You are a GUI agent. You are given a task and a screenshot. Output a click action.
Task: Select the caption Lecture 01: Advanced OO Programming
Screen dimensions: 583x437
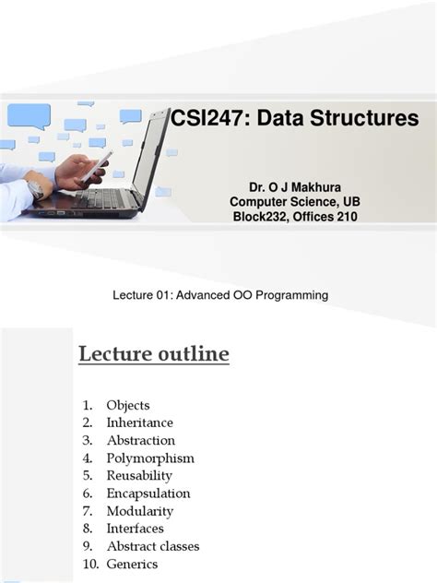click(219, 294)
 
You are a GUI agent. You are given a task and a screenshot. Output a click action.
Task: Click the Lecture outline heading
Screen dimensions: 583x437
click(153, 354)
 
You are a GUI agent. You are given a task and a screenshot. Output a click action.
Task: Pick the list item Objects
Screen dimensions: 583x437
click(127, 405)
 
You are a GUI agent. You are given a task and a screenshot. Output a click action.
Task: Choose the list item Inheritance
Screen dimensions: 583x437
click(138, 422)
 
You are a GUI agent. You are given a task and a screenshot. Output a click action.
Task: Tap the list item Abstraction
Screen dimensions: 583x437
click(140, 440)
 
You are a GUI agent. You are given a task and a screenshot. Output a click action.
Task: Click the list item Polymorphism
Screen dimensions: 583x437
click(150, 458)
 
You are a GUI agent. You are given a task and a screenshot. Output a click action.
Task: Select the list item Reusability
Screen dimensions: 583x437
click(139, 475)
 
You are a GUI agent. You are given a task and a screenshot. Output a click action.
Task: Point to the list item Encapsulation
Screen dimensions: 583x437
click(148, 493)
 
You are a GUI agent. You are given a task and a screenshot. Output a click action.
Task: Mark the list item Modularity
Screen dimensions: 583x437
click(139, 510)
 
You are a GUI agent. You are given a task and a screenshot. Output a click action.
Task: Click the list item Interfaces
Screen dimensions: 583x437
click(135, 528)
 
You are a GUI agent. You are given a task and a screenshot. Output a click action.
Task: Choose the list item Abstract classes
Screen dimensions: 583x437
click(151, 545)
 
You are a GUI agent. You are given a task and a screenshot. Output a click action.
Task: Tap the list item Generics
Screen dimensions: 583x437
click(132, 564)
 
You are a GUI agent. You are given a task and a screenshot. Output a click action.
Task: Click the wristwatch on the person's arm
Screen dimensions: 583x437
click(36, 188)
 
